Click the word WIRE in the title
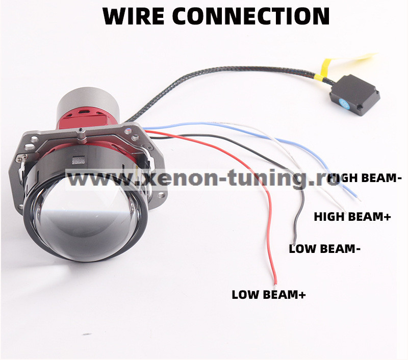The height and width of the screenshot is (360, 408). coord(134,16)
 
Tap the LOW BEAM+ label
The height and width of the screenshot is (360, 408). coord(269,295)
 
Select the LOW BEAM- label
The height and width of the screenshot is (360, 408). coord(324,249)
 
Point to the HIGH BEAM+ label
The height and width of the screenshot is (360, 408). coord(352,217)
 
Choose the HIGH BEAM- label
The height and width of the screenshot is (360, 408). coord(364,178)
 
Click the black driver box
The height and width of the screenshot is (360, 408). coord(354,95)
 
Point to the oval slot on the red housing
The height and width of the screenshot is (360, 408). coord(84,112)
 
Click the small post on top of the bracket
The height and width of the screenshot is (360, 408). coord(81,135)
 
